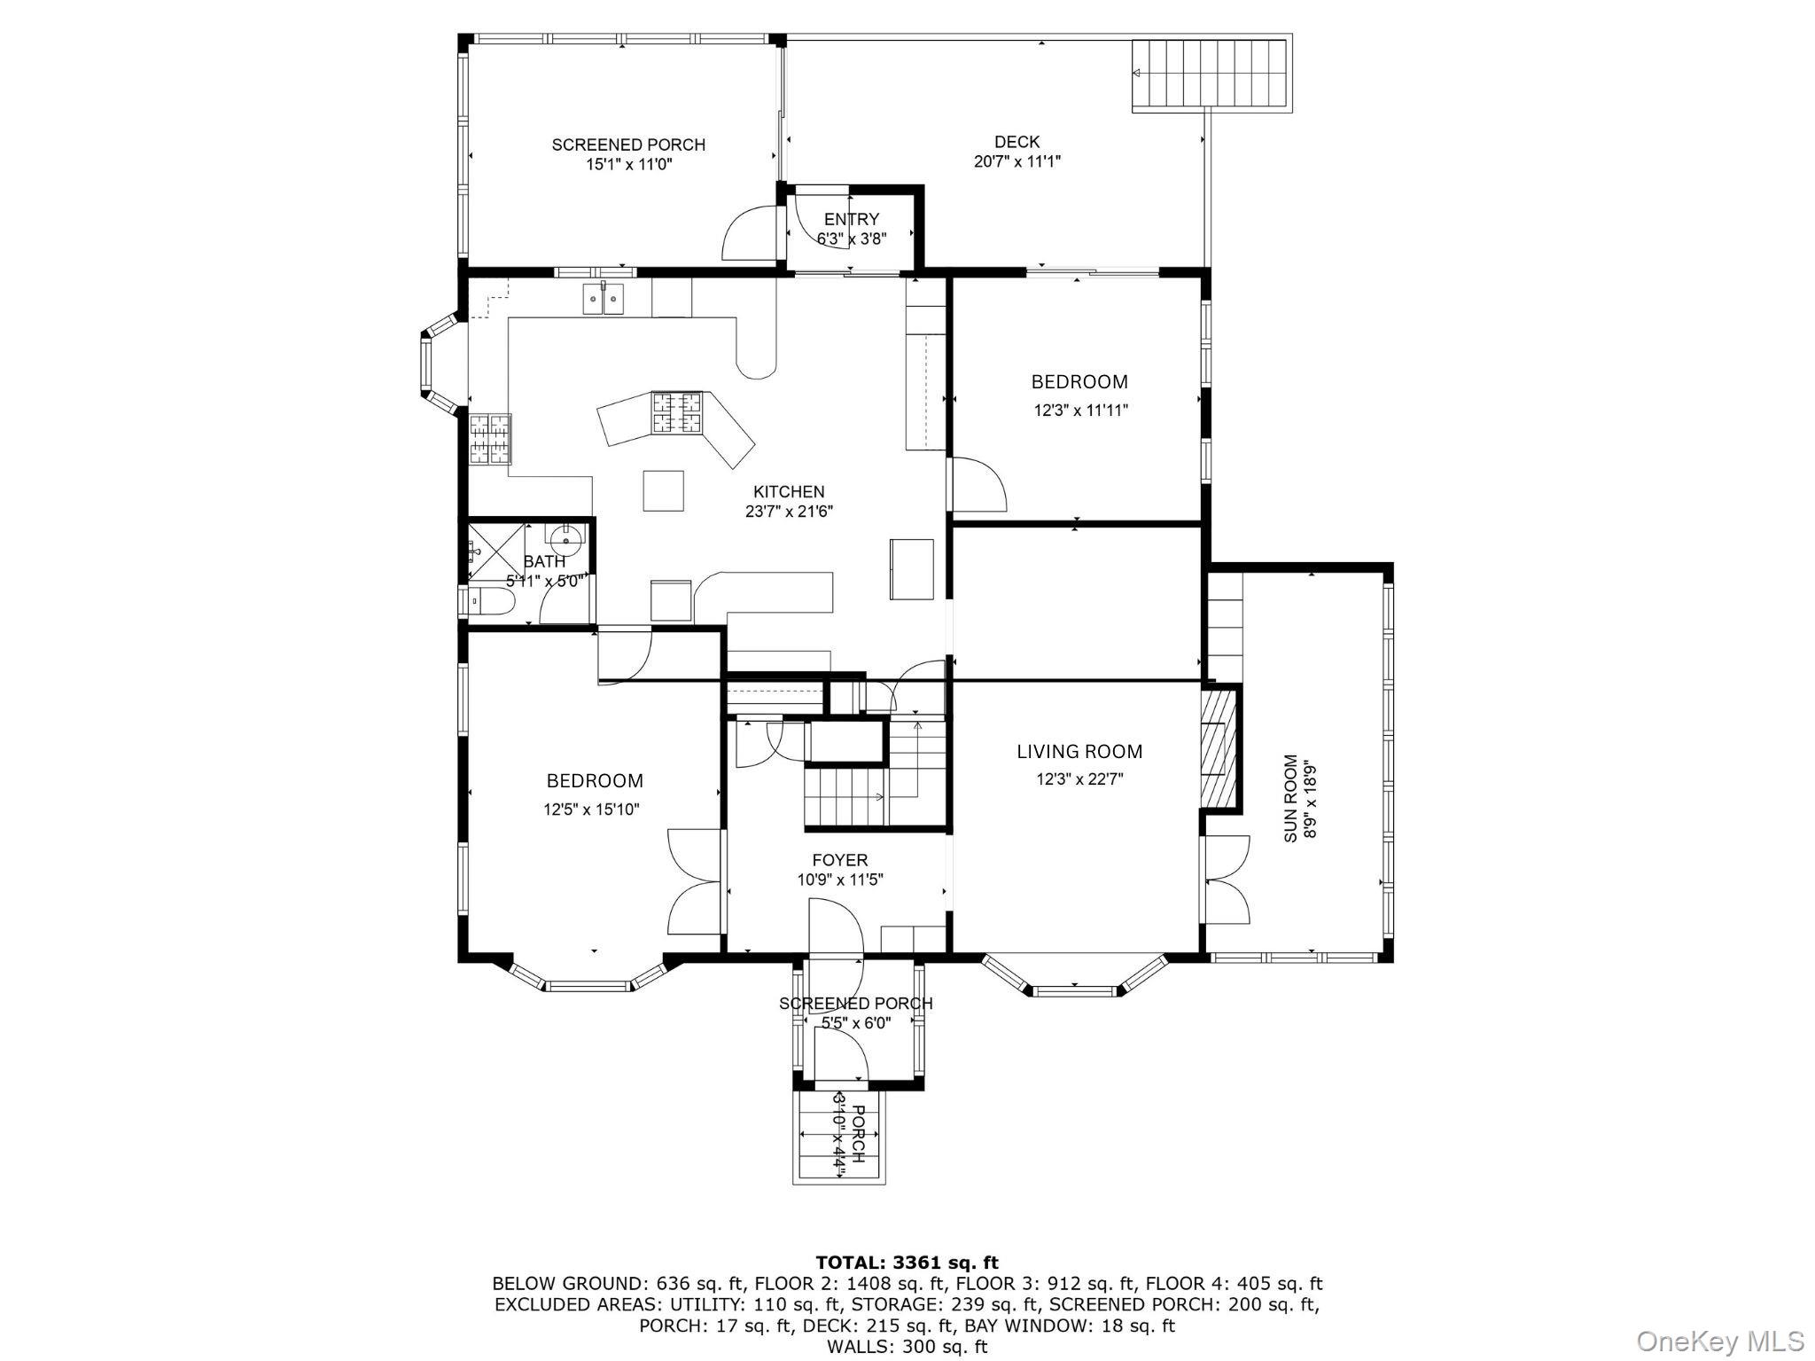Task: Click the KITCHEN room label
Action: point(789,491)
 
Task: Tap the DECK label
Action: point(1017,141)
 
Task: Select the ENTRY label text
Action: point(851,219)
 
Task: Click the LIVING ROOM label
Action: point(1079,752)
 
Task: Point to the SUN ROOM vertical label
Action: point(1291,798)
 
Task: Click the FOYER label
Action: point(839,860)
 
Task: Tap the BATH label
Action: point(544,561)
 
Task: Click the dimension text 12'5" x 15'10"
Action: point(591,810)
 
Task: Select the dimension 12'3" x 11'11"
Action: point(1080,411)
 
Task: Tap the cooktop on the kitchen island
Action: point(677,412)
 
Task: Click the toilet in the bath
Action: point(490,601)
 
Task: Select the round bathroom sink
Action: point(565,537)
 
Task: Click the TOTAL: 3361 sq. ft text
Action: point(907,1262)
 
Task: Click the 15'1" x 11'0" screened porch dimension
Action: point(628,164)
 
